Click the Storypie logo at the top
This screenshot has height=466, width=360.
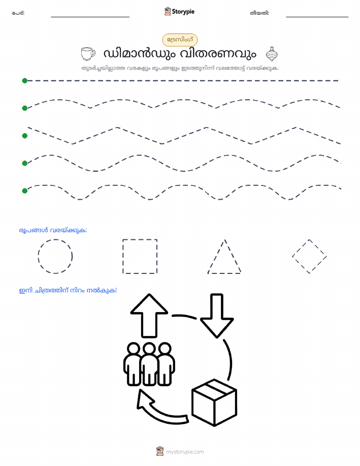tap(179, 12)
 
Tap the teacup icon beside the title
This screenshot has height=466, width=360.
tap(88, 53)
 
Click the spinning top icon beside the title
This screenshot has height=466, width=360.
tap(272, 54)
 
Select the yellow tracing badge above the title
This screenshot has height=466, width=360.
tap(180, 40)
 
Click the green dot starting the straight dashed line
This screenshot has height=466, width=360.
tap(25, 80)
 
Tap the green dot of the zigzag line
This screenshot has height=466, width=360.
tap(25, 136)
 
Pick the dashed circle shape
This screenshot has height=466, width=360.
tap(55, 256)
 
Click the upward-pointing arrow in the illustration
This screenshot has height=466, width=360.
tap(149, 316)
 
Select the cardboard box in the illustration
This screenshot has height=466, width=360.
tap(214, 402)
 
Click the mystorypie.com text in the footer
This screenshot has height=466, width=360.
tap(185, 452)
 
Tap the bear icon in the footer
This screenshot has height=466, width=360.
tap(160, 451)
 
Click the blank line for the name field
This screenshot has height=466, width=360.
tap(90, 17)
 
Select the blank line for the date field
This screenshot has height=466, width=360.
tap(317, 17)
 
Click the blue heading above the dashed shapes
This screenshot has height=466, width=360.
tap(53, 230)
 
